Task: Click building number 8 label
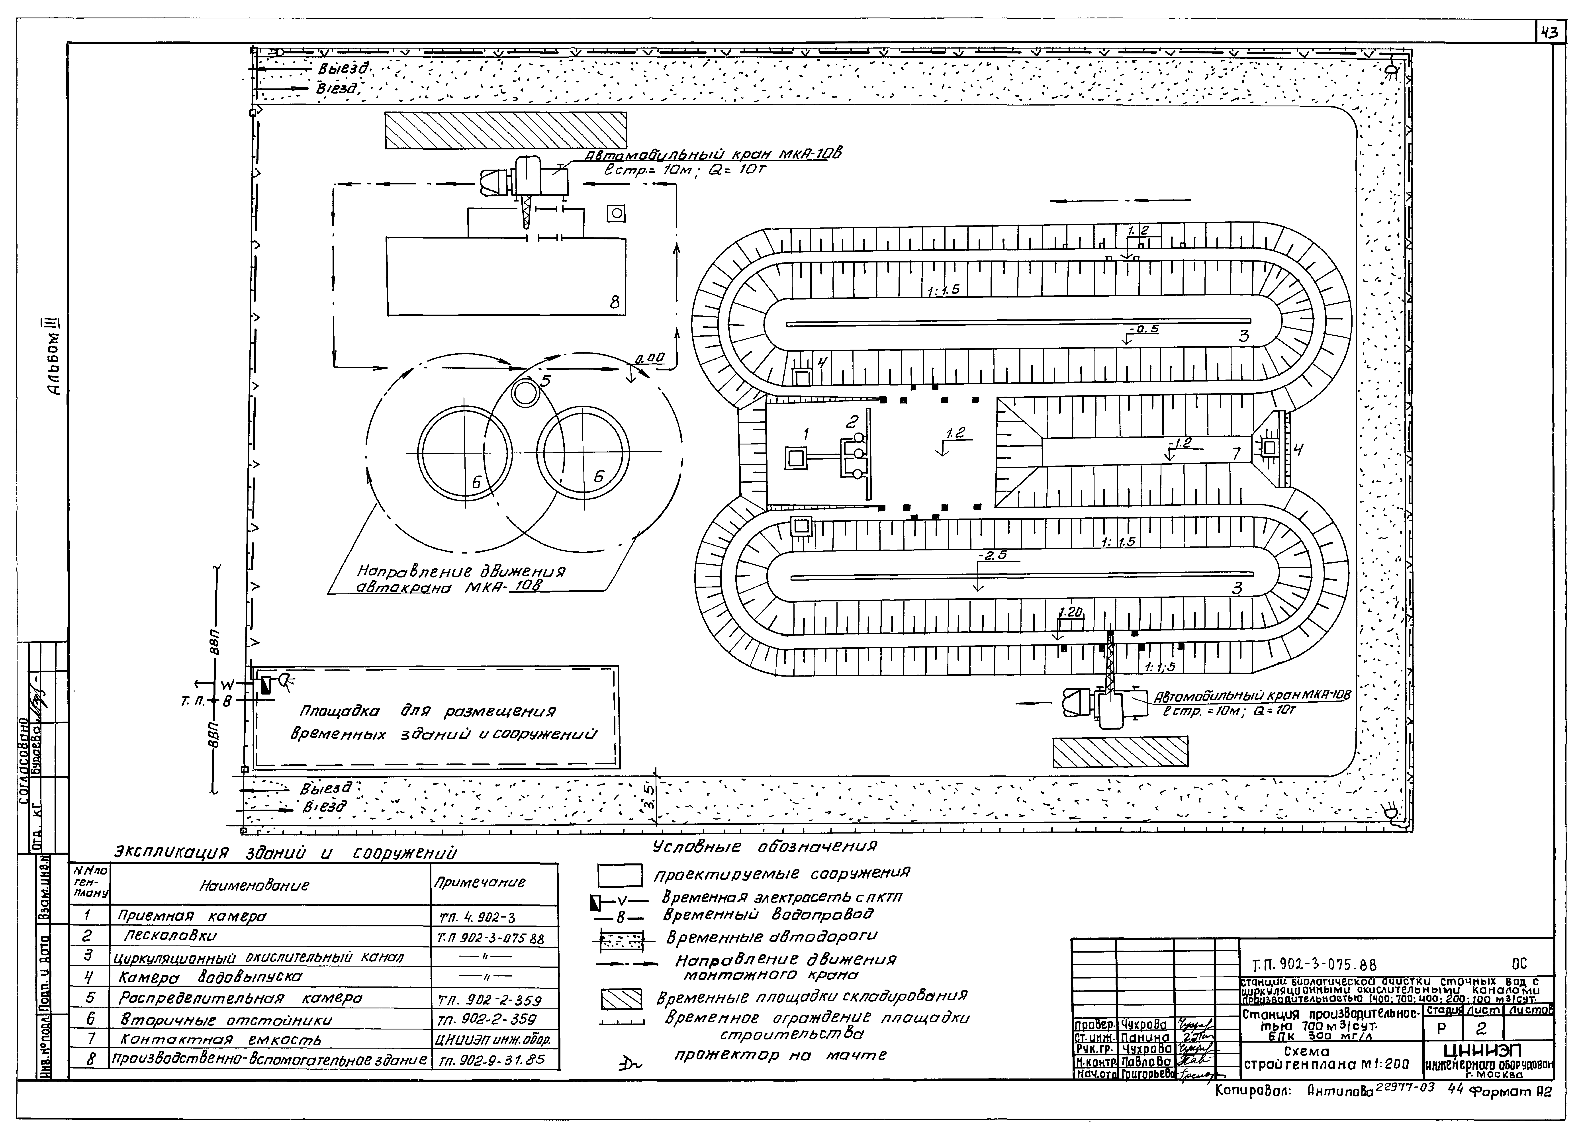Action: tap(614, 302)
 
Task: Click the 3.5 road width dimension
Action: tap(649, 794)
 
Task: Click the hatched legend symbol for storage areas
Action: tap(621, 1001)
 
